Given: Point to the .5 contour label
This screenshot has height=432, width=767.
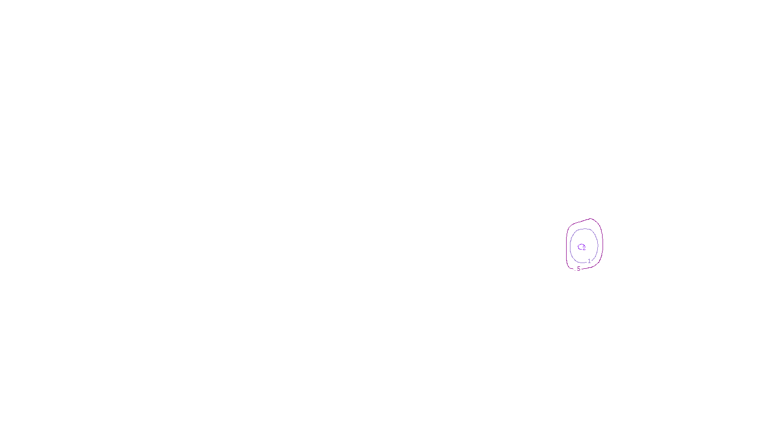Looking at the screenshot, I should (578, 269).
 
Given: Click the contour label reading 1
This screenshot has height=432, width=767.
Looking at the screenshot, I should (589, 261).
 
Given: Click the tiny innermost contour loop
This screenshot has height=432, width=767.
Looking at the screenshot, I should (581, 247).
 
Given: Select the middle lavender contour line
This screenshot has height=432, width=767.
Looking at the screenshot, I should (570, 245).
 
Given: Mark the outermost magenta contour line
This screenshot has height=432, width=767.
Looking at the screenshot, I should (567, 245).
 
